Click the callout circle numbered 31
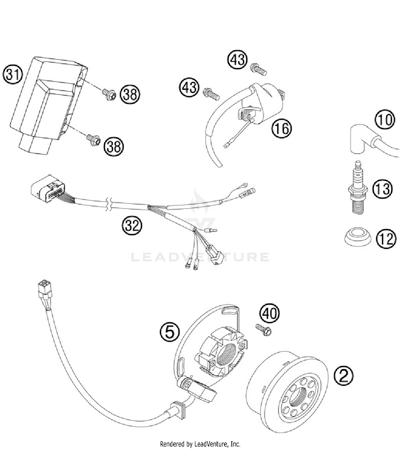[13, 75]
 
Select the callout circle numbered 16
[282, 129]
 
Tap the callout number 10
[385, 120]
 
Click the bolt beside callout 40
[264, 330]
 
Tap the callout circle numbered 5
[169, 332]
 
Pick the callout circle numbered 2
[344, 376]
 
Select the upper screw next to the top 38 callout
[109, 94]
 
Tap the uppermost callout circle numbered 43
[237, 59]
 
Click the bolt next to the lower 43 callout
[211, 94]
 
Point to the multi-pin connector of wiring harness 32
[48, 188]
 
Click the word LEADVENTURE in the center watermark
[200, 257]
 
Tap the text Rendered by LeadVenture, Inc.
[200, 444]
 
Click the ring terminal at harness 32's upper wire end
[243, 184]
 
